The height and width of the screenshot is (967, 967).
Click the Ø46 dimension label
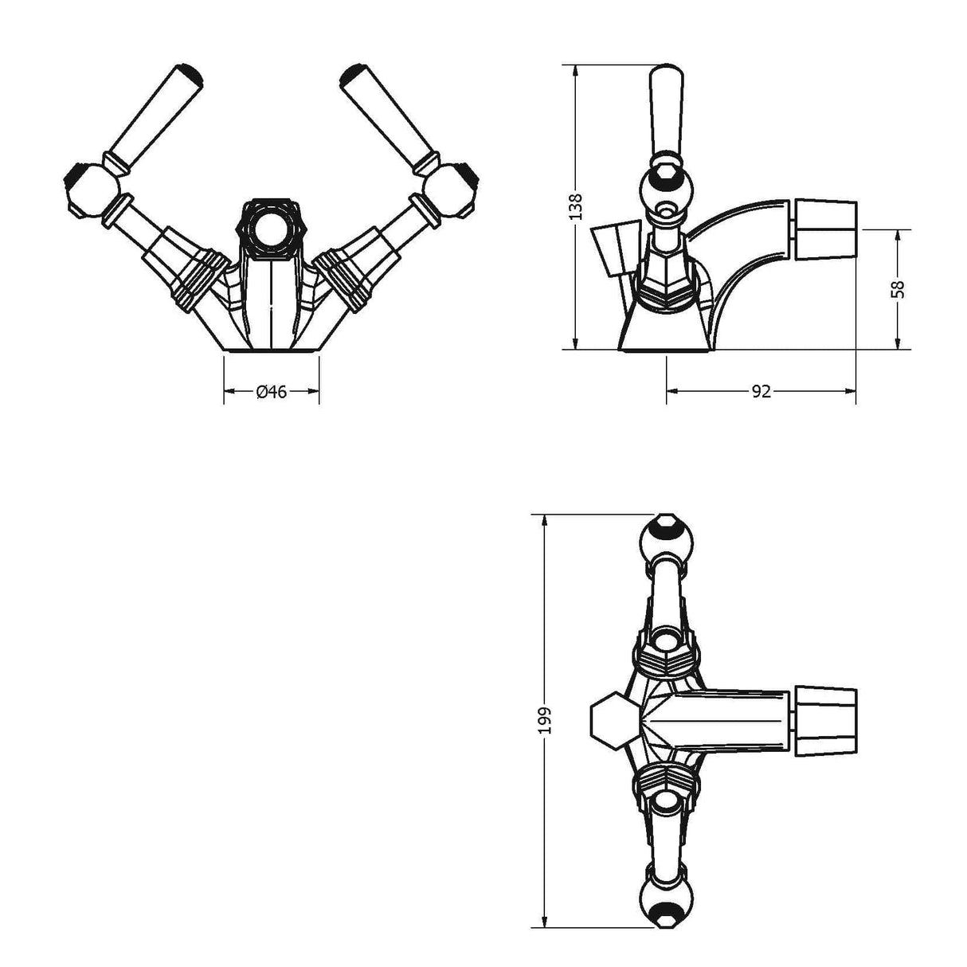tap(272, 391)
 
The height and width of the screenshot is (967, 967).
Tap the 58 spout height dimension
tap(898, 288)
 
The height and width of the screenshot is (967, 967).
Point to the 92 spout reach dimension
tap(761, 391)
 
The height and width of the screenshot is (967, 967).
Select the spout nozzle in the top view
tap(826, 719)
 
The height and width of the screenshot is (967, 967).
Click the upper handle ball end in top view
tap(666, 540)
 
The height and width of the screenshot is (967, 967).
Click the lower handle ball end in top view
tap(666, 900)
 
